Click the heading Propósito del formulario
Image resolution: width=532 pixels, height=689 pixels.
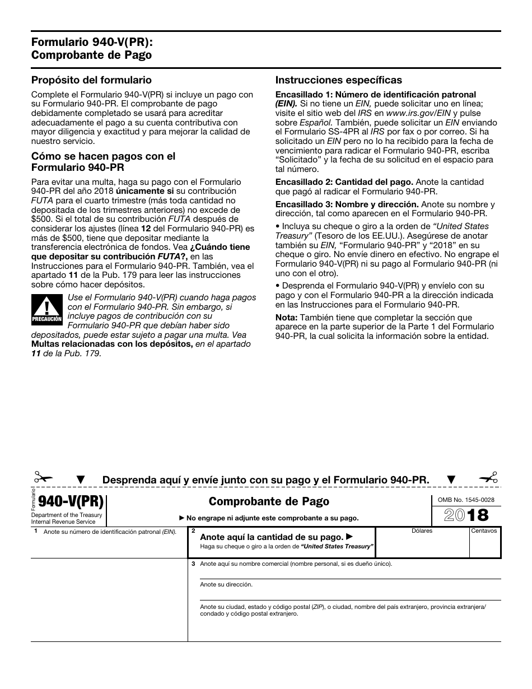91,80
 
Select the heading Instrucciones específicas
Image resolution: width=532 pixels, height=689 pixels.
338,80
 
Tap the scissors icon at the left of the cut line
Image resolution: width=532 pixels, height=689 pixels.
43,478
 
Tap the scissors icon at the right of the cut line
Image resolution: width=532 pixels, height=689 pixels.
488,478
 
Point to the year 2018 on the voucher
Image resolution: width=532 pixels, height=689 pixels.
465,515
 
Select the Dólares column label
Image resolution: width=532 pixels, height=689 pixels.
422,530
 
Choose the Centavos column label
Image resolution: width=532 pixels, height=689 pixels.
484,530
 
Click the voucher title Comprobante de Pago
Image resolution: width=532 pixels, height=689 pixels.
269,501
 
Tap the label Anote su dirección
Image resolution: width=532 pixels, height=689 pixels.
226,584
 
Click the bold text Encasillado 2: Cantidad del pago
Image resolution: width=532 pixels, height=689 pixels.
344,182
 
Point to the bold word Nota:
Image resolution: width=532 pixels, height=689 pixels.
286,318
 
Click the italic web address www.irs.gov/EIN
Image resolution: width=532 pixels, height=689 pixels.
410,113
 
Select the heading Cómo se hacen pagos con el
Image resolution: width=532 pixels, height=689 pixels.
103,156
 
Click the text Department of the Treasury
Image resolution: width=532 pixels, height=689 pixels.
67,515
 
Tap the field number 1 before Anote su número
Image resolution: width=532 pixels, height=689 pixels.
35,531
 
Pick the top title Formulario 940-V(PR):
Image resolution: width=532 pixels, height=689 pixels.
92,42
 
